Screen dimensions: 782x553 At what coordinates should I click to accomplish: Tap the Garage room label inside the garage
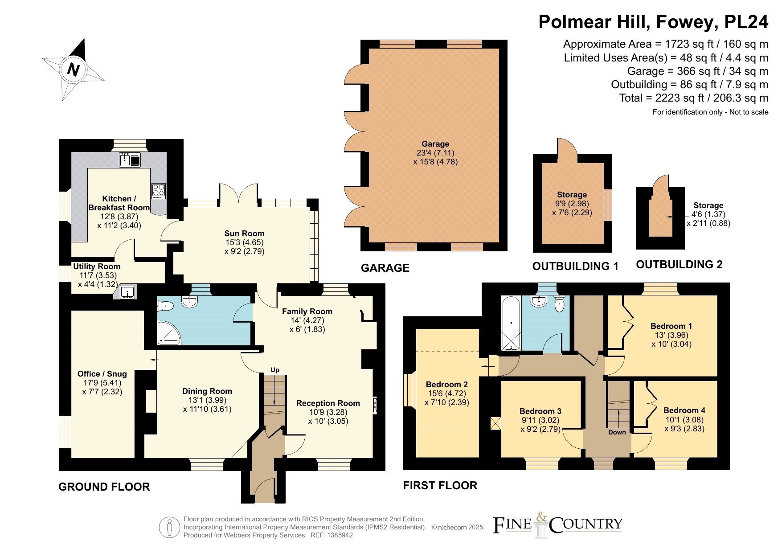coord(435,144)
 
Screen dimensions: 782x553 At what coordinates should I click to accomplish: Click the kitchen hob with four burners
coord(158,191)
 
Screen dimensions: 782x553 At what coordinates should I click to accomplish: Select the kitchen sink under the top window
coord(130,160)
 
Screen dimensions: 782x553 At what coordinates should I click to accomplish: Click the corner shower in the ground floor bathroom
coord(169,333)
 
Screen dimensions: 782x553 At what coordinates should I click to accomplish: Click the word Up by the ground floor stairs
coord(275,370)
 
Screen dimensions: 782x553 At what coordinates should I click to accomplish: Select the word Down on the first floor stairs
coord(617,432)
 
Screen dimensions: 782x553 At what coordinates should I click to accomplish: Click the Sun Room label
coord(244,233)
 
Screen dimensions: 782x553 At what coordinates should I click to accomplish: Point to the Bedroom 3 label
coord(540,411)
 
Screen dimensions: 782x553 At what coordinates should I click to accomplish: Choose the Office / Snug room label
coord(102,374)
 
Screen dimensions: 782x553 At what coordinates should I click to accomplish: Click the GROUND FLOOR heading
coord(104,487)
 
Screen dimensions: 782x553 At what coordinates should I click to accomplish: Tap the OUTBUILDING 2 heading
coord(679,264)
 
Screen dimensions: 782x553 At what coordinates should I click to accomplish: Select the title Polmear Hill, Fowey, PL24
coord(654,21)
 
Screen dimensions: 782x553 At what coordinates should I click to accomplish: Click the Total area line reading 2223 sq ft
coord(694,98)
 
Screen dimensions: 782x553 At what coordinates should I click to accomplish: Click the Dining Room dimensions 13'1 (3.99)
coord(207,400)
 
